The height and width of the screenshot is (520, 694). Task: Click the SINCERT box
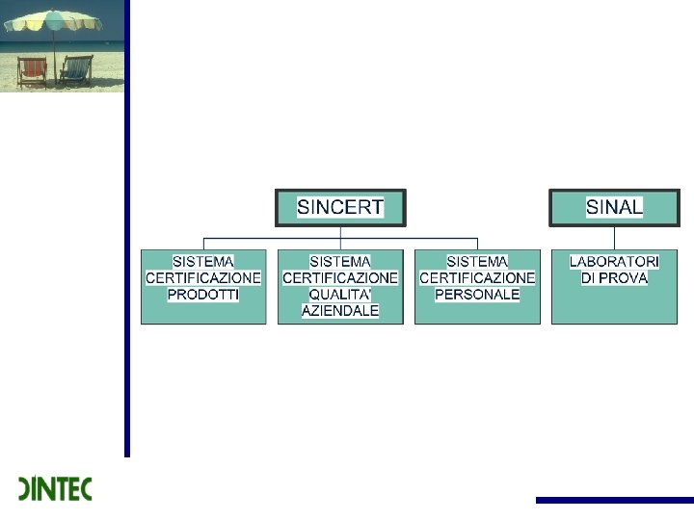[x=340, y=207]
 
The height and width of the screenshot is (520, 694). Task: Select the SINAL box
[x=614, y=207]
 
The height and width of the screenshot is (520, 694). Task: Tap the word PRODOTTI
[x=203, y=295]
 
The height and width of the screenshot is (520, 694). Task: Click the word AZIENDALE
[x=340, y=312]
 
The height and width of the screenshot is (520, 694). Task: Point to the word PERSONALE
[x=477, y=295]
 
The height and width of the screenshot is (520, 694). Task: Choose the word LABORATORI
[x=614, y=261]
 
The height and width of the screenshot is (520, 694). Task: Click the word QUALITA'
[x=340, y=295]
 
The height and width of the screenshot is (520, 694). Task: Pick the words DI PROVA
[x=614, y=278]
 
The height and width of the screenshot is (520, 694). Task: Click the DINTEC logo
[x=55, y=489]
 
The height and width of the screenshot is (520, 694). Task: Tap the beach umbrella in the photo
[x=52, y=21]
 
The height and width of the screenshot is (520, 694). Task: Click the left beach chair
[x=32, y=71]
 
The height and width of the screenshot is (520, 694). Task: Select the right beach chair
[x=76, y=70]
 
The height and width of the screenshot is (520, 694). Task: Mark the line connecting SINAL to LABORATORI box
[x=614, y=238]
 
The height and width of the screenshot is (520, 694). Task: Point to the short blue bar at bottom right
[x=614, y=500]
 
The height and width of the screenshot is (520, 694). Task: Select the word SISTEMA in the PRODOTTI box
[x=203, y=261]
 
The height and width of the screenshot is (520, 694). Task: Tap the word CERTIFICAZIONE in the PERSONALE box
[x=477, y=278]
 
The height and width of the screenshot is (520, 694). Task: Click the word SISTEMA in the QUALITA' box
[x=340, y=261]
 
